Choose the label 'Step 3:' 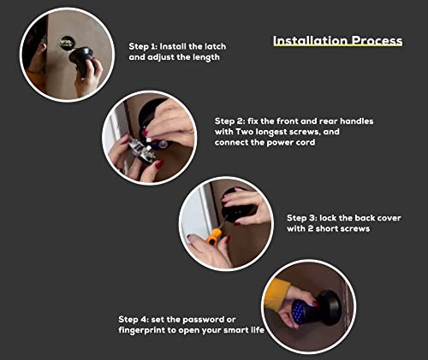coord(305,218)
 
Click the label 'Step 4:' coord(136,318)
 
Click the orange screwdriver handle coord(215,235)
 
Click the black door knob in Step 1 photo coord(81,59)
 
